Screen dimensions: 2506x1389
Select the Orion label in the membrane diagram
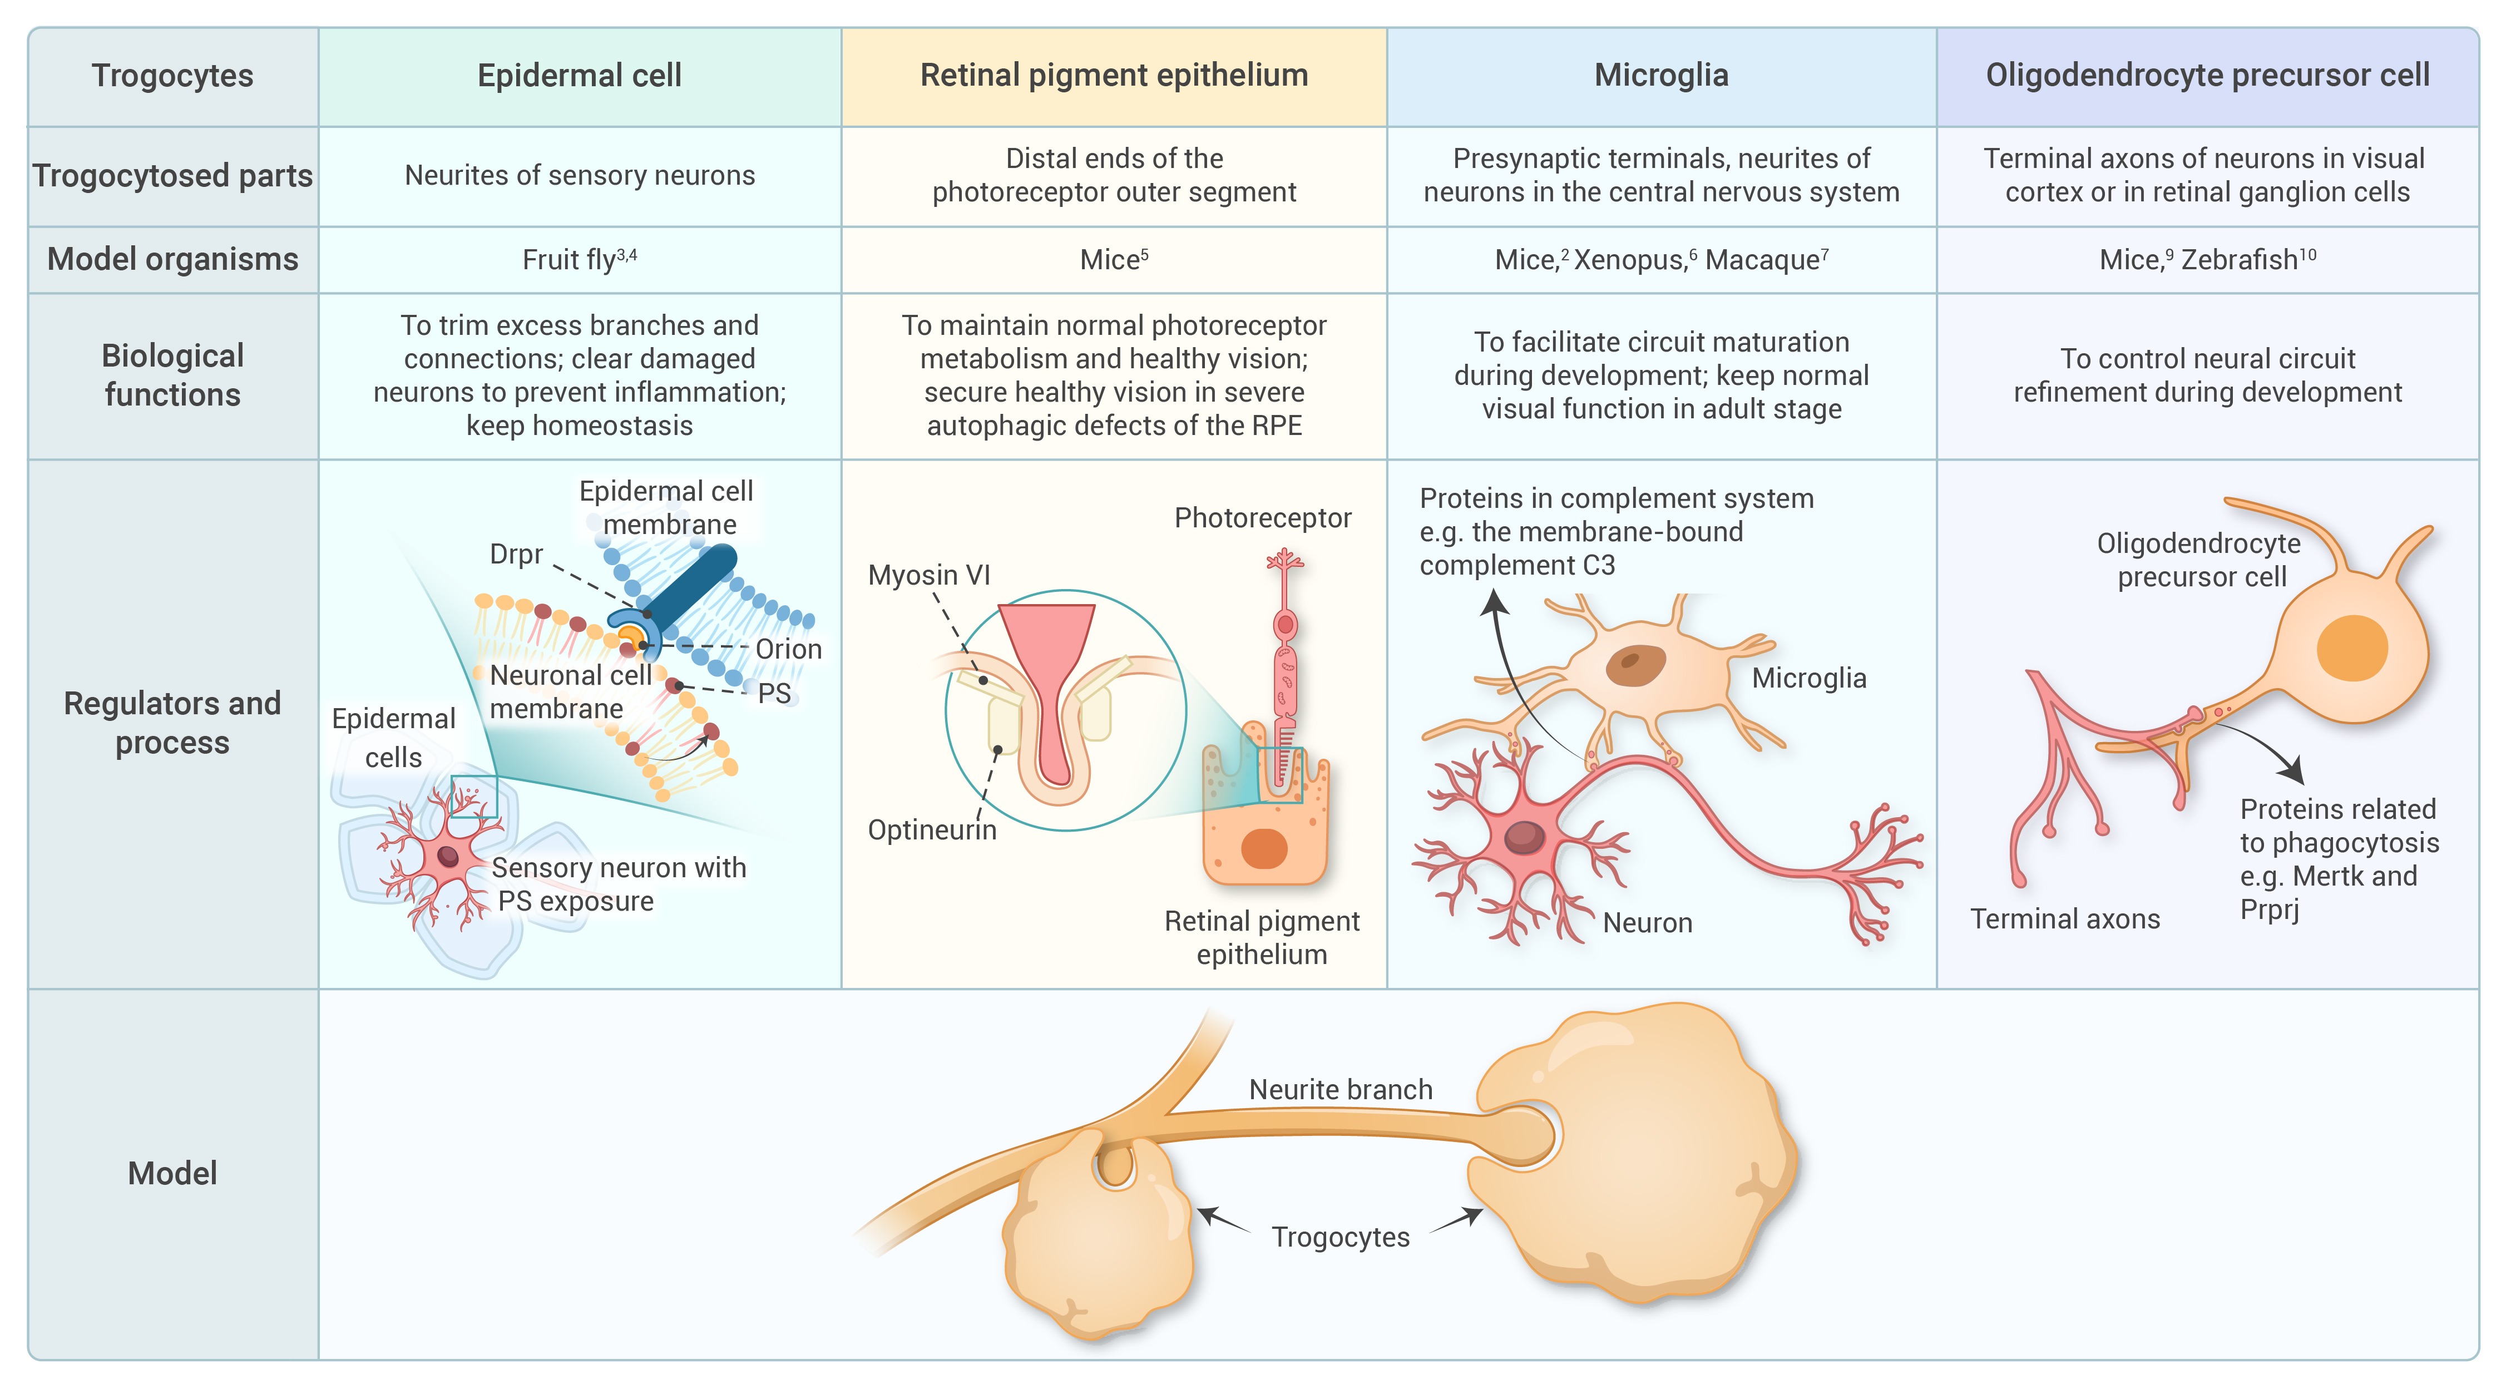[788, 649]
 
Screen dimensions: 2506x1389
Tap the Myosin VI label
[929, 575]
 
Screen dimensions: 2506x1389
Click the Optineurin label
[932, 830]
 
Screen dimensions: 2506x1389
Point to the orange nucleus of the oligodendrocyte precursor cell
[2352, 649]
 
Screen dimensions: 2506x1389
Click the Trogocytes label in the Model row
[1341, 1237]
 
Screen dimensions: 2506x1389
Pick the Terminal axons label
[2065, 919]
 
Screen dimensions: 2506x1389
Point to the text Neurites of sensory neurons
[579, 175]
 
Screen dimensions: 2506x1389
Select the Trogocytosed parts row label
[172, 176]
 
